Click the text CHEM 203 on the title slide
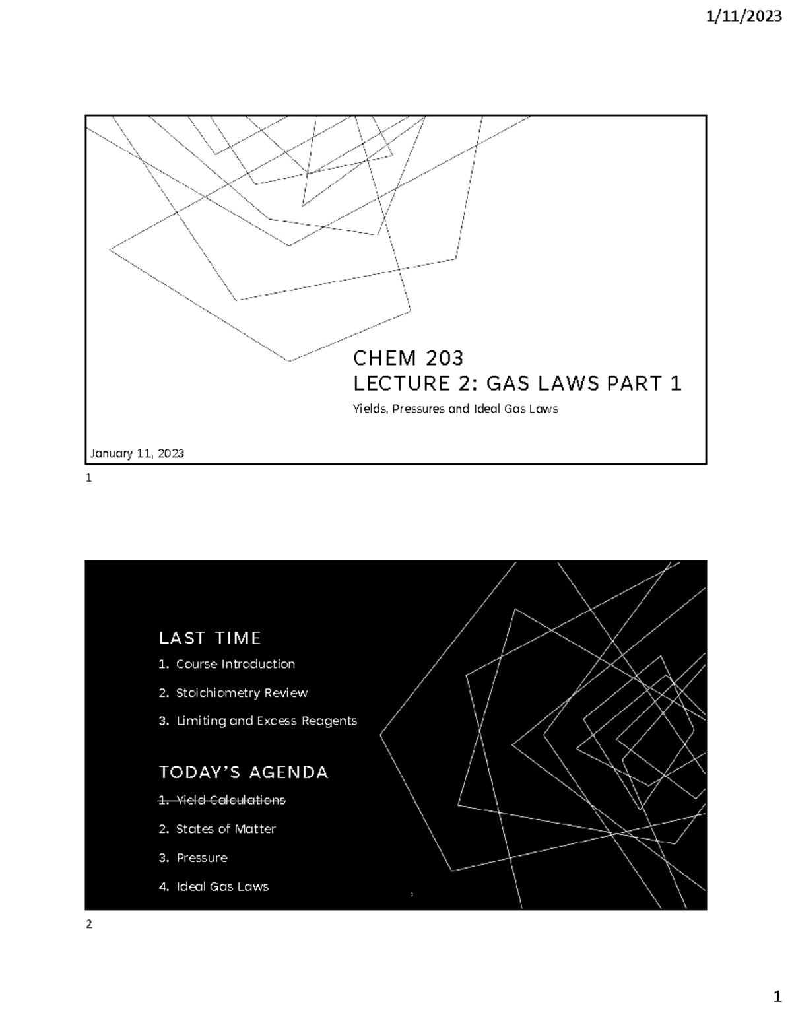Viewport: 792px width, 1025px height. point(409,358)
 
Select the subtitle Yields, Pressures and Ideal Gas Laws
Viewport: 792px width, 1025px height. point(455,409)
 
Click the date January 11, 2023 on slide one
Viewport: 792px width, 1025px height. point(137,453)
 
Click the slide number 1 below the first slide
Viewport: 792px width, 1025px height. point(88,480)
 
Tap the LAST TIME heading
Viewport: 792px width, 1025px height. point(210,638)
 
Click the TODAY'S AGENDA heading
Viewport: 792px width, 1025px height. point(244,773)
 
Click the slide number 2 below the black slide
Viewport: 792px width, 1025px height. point(89,925)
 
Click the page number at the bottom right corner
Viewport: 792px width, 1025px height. point(777,995)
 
